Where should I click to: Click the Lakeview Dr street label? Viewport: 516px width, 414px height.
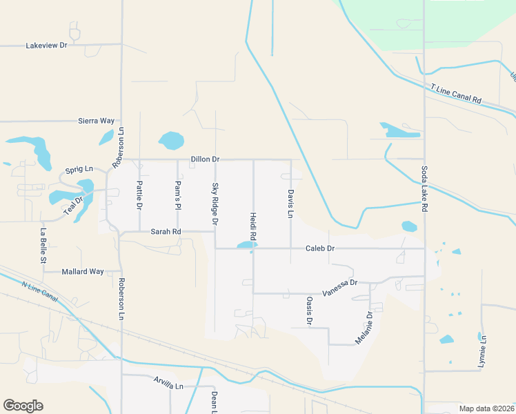click(x=46, y=46)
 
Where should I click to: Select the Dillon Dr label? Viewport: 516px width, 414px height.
click(x=205, y=159)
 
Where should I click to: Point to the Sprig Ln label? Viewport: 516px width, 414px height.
click(x=79, y=170)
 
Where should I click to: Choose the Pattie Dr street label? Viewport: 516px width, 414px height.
click(x=139, y=195)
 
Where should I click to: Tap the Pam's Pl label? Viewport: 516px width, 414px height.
click(x=178, y=195)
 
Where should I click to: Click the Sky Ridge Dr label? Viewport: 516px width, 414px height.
click(x=215, y=204)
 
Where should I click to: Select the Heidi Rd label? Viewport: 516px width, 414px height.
click(x=253, y=226)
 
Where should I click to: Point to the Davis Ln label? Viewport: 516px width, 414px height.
click(x=290, y=204)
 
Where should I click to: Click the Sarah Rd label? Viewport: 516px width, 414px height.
click(x=166, y=232)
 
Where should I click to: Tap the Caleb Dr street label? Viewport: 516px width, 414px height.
click(x=321, y=248)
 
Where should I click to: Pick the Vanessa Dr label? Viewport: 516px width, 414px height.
click(x=340, y=283)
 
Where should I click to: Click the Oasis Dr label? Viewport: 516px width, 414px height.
click(x=309, y=311)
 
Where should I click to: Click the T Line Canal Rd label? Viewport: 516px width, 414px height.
click(x=455, y=94)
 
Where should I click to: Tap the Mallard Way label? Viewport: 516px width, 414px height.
click(x=83, y=272)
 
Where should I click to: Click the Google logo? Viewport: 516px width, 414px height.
click(x=23, y=405)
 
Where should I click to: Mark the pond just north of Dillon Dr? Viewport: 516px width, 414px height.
click(x=170, y=141)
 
